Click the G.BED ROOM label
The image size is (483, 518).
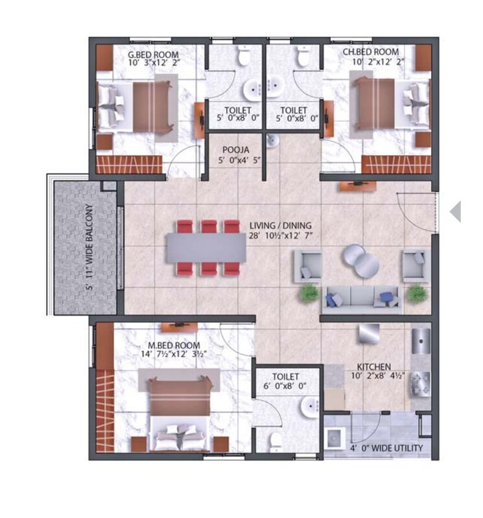(153, 54)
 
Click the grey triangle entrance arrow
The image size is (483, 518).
(456, 211)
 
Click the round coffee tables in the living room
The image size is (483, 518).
(360, 259)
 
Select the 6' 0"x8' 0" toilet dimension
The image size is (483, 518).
(285, 386)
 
